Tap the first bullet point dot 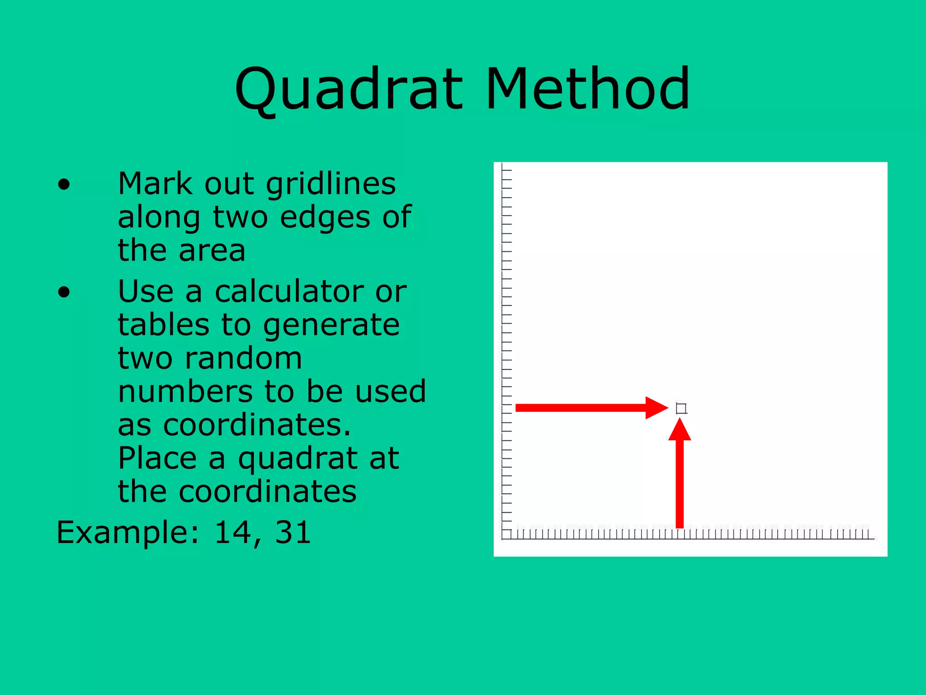coord(64,185)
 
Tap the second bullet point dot coord(64,292)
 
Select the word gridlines coord(331,185)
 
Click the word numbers coord(185,392)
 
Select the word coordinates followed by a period coord(256,425)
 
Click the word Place coord(157,458)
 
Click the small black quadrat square coord(681,409)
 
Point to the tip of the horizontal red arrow coord(667,408)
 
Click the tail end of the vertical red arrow coord(680,527)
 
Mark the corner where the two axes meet coord(503,539)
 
